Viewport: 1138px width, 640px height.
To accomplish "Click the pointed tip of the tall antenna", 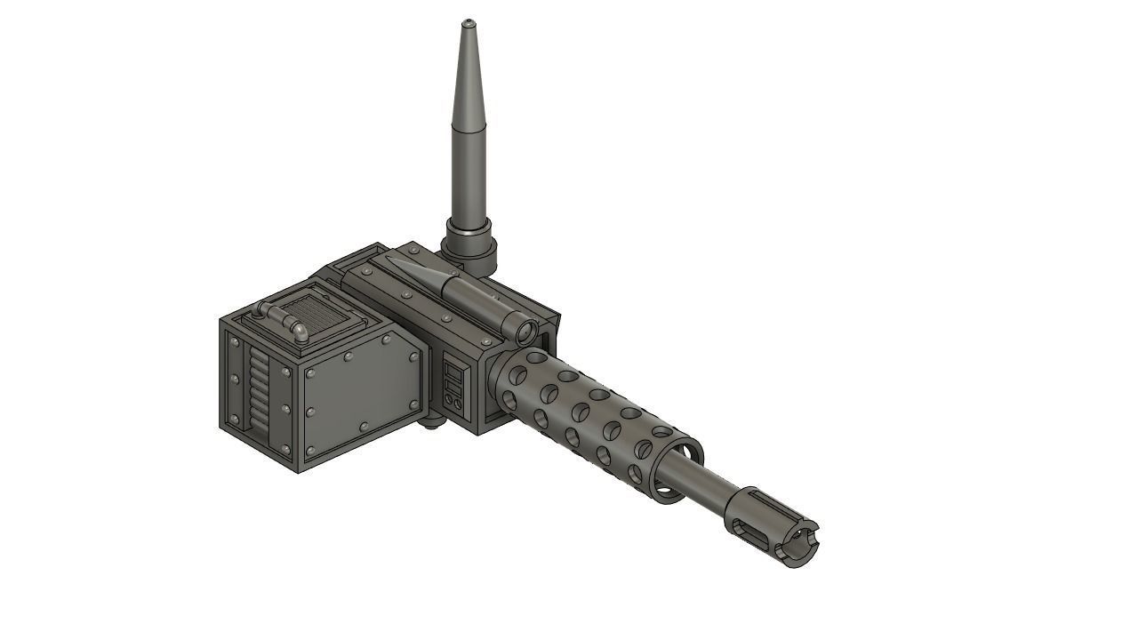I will tap(468, 21).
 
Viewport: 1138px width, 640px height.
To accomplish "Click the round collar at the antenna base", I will tap(469, 242).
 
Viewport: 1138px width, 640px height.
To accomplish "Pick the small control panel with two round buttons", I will tap(453, 388).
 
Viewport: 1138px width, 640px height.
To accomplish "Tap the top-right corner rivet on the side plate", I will tap(413, 356).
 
